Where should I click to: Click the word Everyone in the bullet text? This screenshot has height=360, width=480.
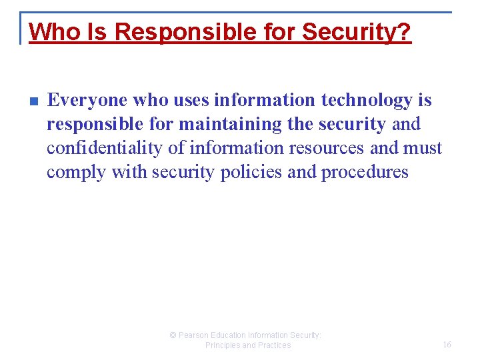click(x=87, y=101)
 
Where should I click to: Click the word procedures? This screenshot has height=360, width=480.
click(x=365, y=173)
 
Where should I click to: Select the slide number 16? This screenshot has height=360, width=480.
click(x=447, y=345)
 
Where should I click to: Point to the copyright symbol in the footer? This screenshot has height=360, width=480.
click(x=173, y=335)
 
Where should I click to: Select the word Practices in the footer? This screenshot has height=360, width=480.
click(x=273, y=345)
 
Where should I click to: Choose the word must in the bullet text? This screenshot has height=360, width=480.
click(x=423, y=149)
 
